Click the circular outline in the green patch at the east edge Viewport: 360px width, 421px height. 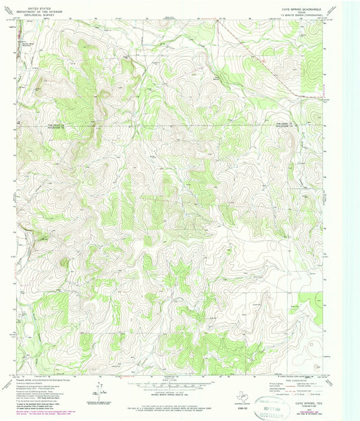[x=318, y=365]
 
